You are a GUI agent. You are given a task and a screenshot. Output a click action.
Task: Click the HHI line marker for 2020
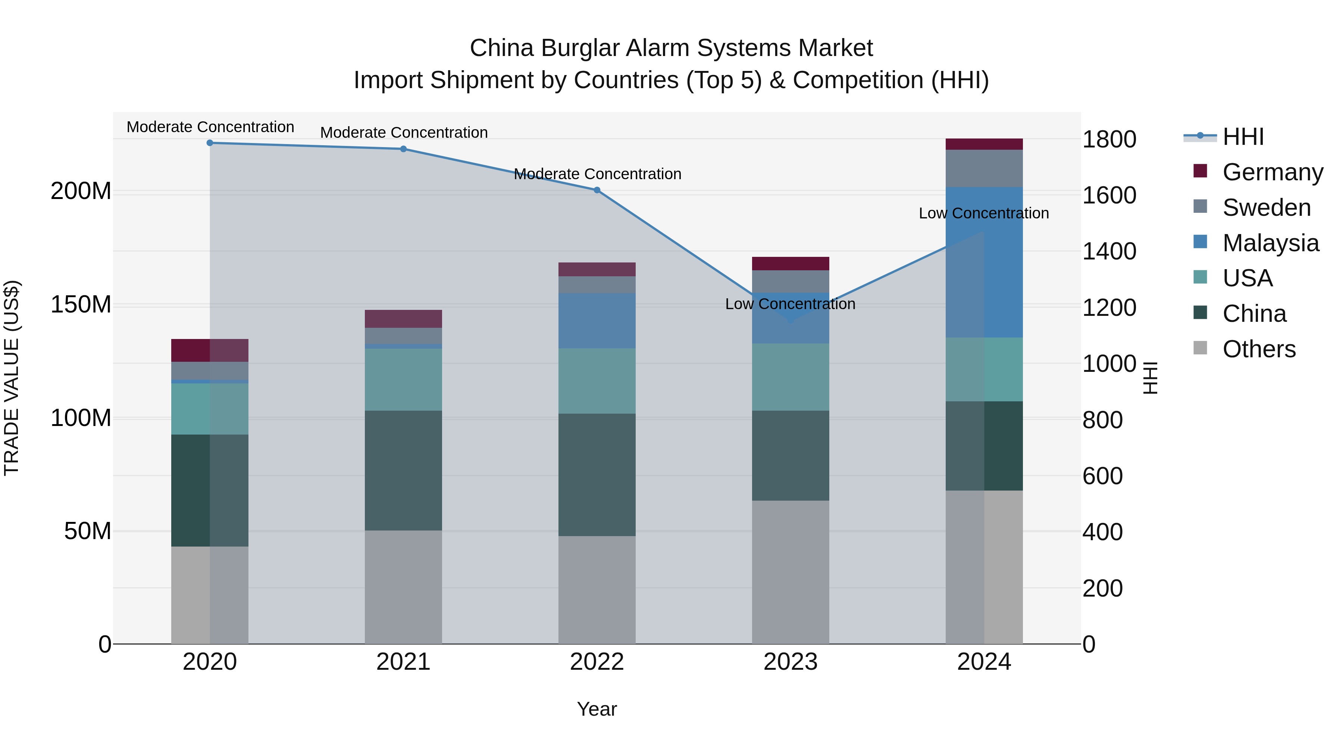point(210,143)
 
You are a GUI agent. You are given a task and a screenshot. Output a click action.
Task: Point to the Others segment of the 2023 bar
point(791,572)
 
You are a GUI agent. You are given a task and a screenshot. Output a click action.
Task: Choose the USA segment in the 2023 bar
point(791,377)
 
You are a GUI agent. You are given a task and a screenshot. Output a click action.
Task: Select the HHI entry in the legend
point(1243,137)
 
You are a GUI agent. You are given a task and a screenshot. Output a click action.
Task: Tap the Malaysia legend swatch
point(1200,242)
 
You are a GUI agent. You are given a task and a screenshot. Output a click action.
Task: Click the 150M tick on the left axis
point(81,304)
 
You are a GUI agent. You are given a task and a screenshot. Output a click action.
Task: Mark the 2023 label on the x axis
point(791,662)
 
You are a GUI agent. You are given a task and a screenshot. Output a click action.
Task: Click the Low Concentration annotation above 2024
point(983,214)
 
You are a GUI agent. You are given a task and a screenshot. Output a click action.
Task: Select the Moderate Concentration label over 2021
point(404,133)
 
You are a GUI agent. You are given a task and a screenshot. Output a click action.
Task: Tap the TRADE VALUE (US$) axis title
point(12,378)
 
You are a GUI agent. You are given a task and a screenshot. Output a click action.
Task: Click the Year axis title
point(597,709)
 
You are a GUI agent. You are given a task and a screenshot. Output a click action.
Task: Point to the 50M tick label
point(88,531)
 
